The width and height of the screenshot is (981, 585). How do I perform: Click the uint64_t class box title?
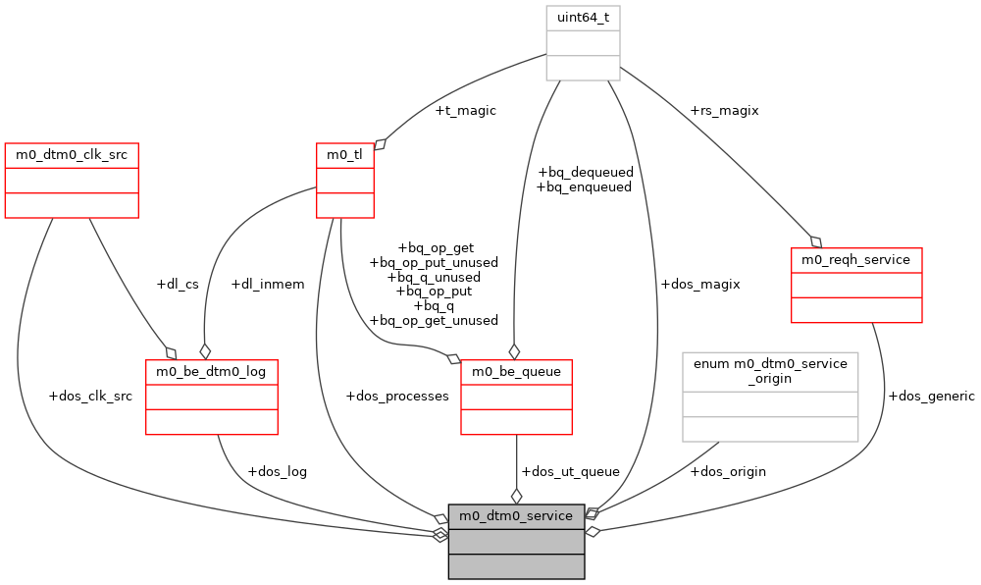click(583, 18)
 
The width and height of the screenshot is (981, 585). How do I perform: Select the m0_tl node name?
click(344, 155)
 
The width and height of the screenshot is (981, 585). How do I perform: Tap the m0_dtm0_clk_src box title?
click(72, 155)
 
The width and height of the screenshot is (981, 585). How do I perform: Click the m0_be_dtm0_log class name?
click(212, 372)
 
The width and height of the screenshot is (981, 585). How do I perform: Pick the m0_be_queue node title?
click(516, 372)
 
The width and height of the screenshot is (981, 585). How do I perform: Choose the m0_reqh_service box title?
click(856, 260)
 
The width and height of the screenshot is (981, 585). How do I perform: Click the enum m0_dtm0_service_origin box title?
click(770, 370)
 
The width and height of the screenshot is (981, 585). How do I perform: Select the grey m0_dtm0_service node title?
click(516, 515)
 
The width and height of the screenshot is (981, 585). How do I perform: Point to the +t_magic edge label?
click(465, 111)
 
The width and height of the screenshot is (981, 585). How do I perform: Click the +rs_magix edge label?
click(724, 111)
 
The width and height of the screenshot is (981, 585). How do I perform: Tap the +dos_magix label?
click(700, 285)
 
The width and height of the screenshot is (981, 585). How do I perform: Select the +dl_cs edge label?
click(178, 285)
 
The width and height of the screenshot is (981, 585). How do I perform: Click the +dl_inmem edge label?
click(267, 285)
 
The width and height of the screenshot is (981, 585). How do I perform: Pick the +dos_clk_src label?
click(90, 397)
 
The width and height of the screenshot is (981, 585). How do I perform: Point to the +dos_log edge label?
click(277, 471)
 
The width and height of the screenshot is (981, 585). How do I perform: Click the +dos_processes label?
click(397, 397)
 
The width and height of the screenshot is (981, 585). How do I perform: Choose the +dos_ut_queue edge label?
click(570, 471)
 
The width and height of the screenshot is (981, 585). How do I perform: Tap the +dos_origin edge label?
click(728, 471)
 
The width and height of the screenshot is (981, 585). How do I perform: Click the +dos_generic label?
click(931, 397)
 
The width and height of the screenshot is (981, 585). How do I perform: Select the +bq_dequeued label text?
click(585, 173)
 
